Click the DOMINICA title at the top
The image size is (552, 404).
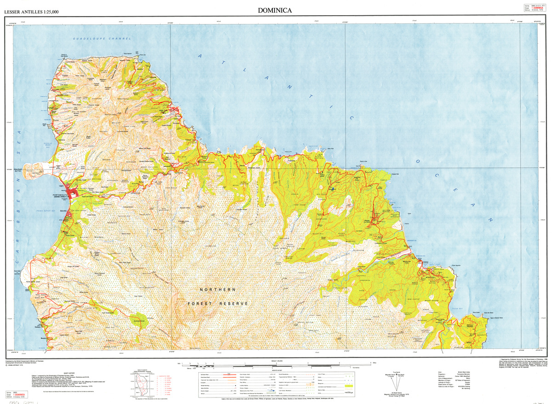(x=275, y=10)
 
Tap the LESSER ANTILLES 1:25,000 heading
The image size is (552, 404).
(x=31, y=11)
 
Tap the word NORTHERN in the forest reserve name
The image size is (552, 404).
(x=218, y=289)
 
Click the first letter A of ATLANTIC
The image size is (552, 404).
(x=200, y=56)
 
